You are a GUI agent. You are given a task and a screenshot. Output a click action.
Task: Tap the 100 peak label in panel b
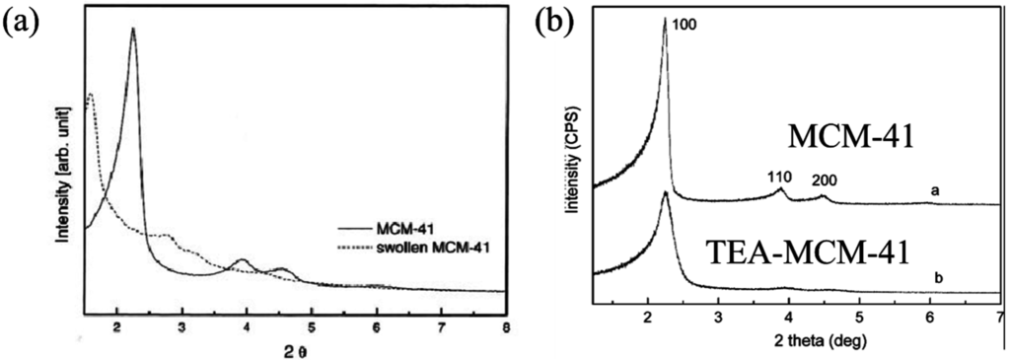coord(685,21)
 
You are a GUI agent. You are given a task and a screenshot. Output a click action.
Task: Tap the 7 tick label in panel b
coord(998,319)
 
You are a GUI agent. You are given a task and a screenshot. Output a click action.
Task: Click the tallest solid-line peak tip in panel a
coord(133,29)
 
